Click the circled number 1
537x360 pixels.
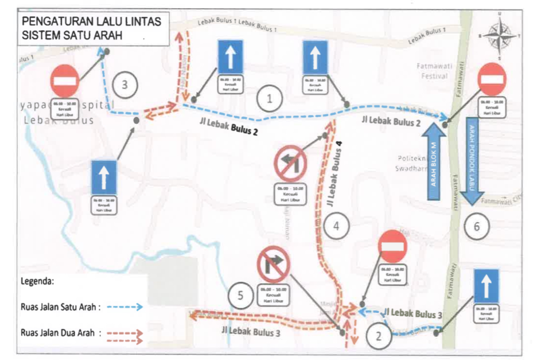coord(269,99)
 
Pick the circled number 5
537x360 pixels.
coord(242,297)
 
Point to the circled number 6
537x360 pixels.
coord(476,226)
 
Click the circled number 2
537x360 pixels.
coord(378,336)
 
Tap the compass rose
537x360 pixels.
coord(500,36)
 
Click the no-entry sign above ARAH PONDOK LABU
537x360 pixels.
coord(492,79)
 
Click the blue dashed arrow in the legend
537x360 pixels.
coord(124,307)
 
